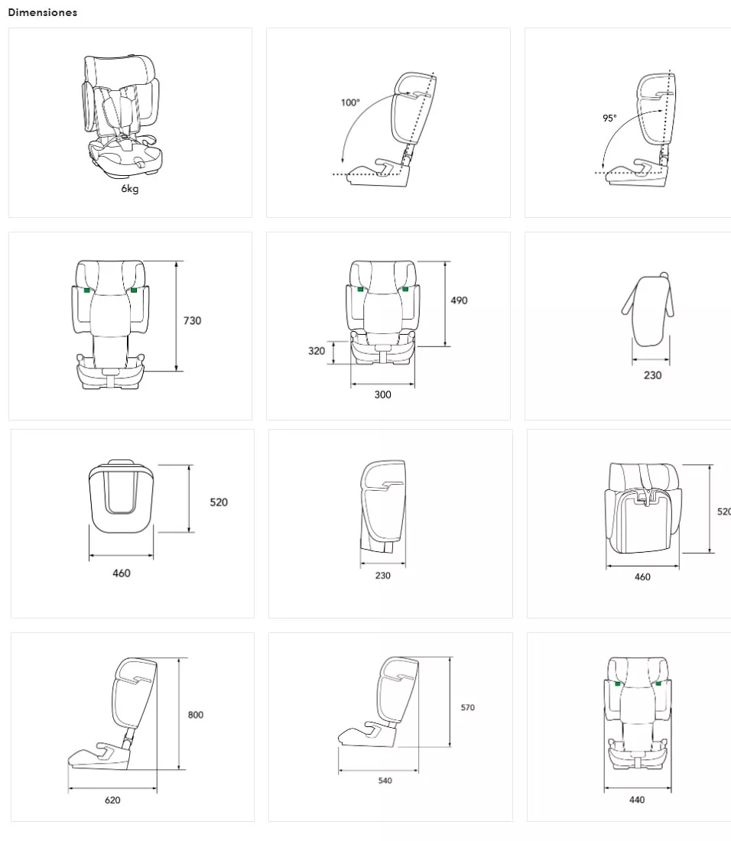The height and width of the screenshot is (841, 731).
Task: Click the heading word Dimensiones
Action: [x=42, y=12]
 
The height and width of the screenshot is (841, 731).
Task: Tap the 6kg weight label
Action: [x=130, y=188]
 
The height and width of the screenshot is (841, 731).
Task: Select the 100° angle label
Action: [x=350, y=102]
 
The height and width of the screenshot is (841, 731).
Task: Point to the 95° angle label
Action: [x=609, y=118]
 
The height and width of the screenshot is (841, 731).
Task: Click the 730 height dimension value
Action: [x=192, y=321]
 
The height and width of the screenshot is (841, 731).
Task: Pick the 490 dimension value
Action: [x=459, y=300]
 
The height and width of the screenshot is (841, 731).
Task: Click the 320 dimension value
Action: [x=317, y=351]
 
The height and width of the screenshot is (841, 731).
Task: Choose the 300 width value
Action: [x=382, y=395]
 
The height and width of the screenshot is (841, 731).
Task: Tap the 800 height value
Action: [x=195, y=714]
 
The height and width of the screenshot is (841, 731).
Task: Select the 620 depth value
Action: [x=112, y=800]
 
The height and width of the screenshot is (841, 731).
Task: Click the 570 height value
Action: [x=467, y=707]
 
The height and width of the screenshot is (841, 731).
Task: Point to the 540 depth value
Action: [x=385, y=781]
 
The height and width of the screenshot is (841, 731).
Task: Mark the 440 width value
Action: [x=637, y=800]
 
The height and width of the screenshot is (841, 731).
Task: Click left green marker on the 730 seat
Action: [x=87, y=291]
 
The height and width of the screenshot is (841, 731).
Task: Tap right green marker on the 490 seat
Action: [x=405, y=289]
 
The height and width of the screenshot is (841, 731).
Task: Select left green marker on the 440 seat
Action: [x=618, y=684]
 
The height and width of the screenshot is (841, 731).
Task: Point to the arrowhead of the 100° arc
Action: [x=342, y=159]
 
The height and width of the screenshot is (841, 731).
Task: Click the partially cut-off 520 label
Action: [x=724, y=511]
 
